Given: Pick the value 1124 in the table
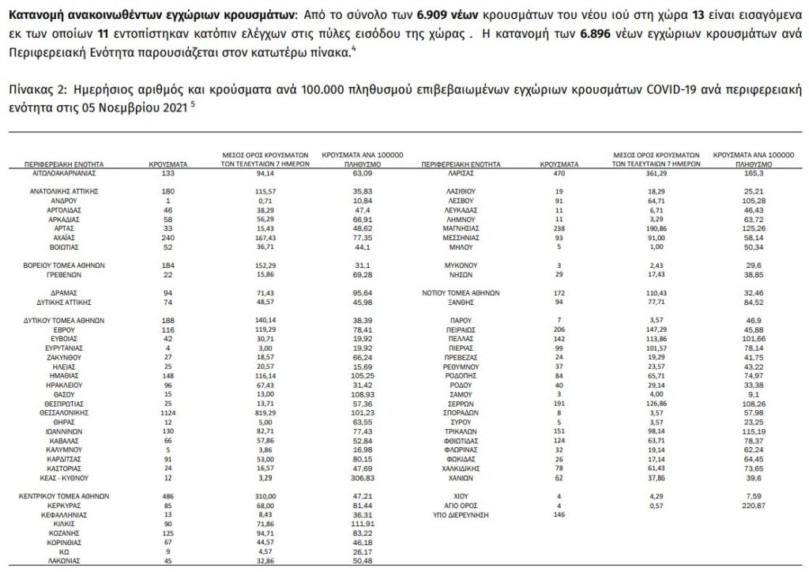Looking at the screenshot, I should tap(167, 412).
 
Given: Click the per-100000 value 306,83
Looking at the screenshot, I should tap(363, 478).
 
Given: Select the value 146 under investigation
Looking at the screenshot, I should tap(559, 514).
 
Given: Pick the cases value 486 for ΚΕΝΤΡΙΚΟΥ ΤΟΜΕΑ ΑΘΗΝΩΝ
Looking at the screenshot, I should tap(167, 496).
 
